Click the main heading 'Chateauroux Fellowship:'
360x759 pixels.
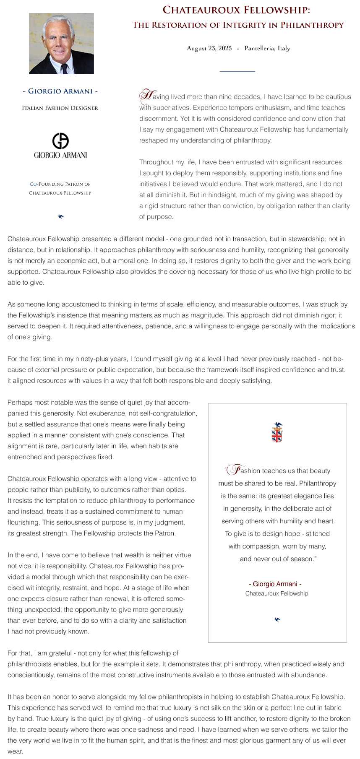point(236,10)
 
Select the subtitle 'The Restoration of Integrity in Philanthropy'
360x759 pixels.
point(238,25)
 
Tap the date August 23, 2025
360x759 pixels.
point(209,48)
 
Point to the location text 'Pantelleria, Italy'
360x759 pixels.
point(267,48)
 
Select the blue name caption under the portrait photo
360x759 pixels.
point(60,91)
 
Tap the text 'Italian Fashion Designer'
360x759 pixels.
point(60,108)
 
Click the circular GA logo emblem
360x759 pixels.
point(60,141)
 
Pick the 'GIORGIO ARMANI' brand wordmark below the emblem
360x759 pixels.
point(60,155)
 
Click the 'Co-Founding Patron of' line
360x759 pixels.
point(60,184)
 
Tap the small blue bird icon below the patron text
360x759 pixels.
point(61,216)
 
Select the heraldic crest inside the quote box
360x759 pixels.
point(277,432)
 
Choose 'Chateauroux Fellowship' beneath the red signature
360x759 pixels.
point(277,594)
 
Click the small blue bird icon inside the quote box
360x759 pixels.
point(277,619)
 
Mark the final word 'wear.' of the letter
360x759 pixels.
point(15,751)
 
